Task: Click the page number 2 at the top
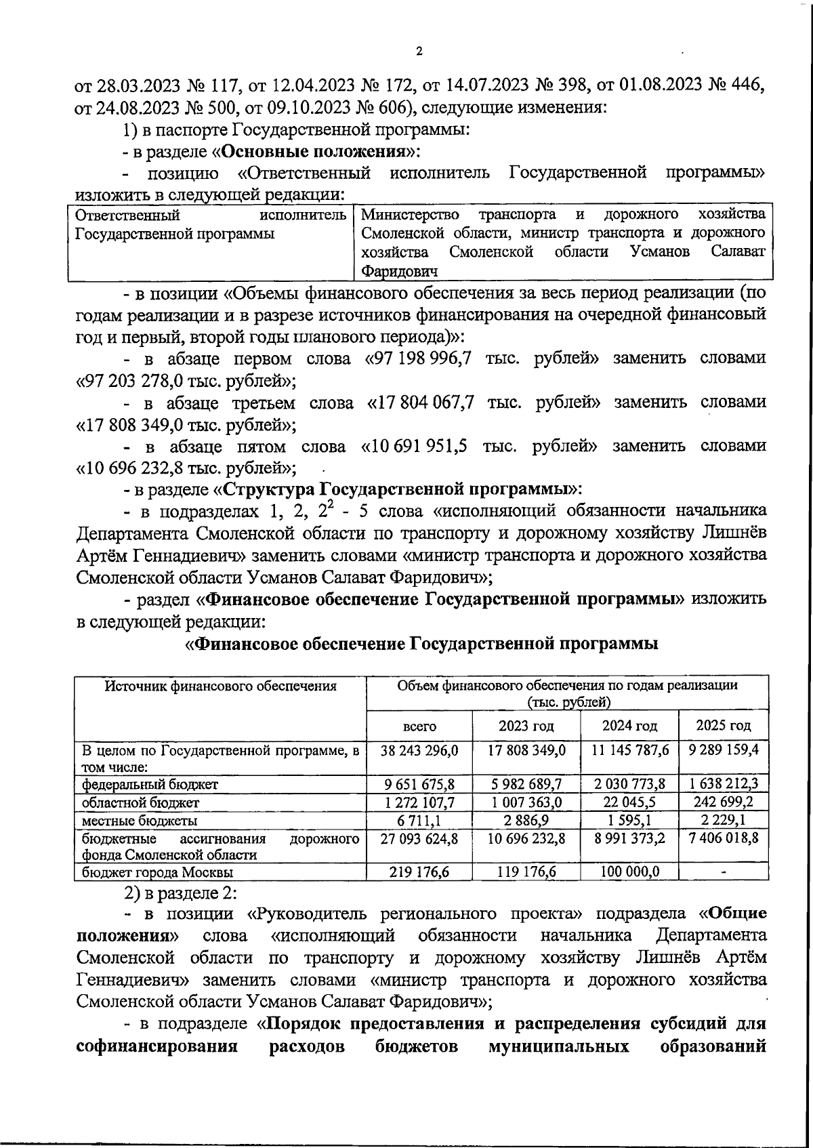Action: (419, 52)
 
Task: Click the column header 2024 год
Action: (629, 726)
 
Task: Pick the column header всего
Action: (419, 726)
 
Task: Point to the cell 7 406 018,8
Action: (724, 838)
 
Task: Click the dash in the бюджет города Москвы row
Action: (723, 873)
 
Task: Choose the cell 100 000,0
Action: (629, 872)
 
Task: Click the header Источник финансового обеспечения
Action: (220, 686)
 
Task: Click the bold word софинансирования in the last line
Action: (157, 1047)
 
